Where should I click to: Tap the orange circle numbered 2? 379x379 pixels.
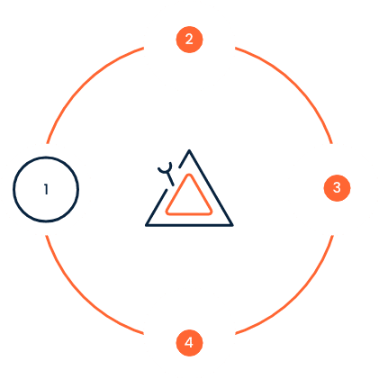(x=189, y=40)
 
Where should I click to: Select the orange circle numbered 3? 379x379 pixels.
(x=337, y=188)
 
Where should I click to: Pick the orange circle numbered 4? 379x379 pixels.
(x=189, y=343)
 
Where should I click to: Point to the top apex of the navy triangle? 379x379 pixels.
(x=189, y=150)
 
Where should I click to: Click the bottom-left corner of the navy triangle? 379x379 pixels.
(x=147, y=225)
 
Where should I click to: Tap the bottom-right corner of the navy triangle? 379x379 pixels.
(x=232, y=225)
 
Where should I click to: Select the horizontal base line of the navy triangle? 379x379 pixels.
(x=189, y=225)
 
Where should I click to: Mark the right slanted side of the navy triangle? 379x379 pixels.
(x=211, y=187)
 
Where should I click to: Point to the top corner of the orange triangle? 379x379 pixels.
(x=189, y=175)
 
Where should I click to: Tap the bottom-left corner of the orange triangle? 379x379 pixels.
(x=167, y=212)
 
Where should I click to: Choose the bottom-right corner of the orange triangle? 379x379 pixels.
(x=211, y=212)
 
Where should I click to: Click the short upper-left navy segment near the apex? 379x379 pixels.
(x=185, y=158)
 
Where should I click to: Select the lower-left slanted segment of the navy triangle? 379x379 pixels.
(x=157, y=207)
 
